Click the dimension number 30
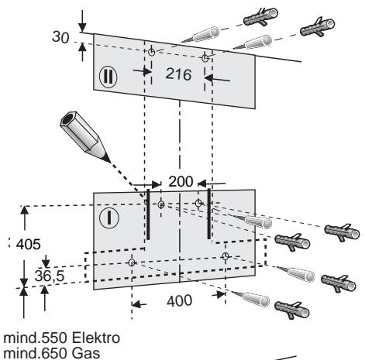[60, 37]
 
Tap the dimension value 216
[178, 74]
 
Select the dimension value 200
[181, 181]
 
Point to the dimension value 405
[29, 244]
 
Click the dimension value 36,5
[50, 276]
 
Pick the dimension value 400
[179, 301]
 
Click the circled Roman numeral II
[108, 77]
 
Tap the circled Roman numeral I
[109, 218]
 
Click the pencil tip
[110, 162]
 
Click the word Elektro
[96, 338]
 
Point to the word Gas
[86, 353]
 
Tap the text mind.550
[36, 338]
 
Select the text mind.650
[36, 353]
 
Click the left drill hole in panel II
[152, 52]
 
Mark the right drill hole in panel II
[205, 58]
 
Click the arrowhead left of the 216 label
[147, 71]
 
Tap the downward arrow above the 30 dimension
[82, 21]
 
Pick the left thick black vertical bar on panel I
[148, 214]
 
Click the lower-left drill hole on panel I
[132, 262]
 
